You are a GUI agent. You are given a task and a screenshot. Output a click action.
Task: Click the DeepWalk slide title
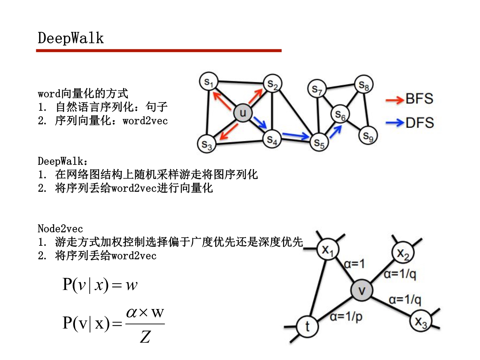pos(71,38)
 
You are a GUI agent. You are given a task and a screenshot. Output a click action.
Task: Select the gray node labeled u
pos(243,112)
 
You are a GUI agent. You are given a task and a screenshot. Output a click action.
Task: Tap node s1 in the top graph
pos(209,82)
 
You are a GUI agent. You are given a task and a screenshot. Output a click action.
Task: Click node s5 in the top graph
pos(319,142)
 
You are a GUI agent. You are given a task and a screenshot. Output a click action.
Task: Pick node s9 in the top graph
pos(368,136)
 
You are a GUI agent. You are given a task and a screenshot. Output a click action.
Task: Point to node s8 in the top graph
pos(364,85)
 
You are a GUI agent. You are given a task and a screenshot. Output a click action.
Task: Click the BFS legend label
pos(419,99)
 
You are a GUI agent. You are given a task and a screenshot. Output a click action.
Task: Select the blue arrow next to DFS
pos(395,123)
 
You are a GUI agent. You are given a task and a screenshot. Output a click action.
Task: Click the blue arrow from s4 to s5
pos(295,135)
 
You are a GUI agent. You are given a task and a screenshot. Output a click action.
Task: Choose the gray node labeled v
pos(361,290)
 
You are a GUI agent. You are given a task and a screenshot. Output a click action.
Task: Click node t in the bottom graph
pos(307,326)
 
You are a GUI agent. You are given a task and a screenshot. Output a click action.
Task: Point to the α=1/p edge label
pos(346,317)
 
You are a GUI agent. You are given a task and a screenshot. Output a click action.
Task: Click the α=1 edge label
pos(354,264)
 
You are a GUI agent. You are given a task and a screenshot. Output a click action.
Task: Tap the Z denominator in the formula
pos(145,336)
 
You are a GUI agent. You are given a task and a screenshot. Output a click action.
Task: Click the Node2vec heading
pos(60,229)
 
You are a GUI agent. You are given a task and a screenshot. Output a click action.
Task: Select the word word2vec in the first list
pos(145,121)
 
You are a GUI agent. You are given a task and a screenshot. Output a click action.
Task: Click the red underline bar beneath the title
pos(159,51)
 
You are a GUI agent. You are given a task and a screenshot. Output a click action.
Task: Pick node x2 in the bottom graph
pos(403,252)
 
